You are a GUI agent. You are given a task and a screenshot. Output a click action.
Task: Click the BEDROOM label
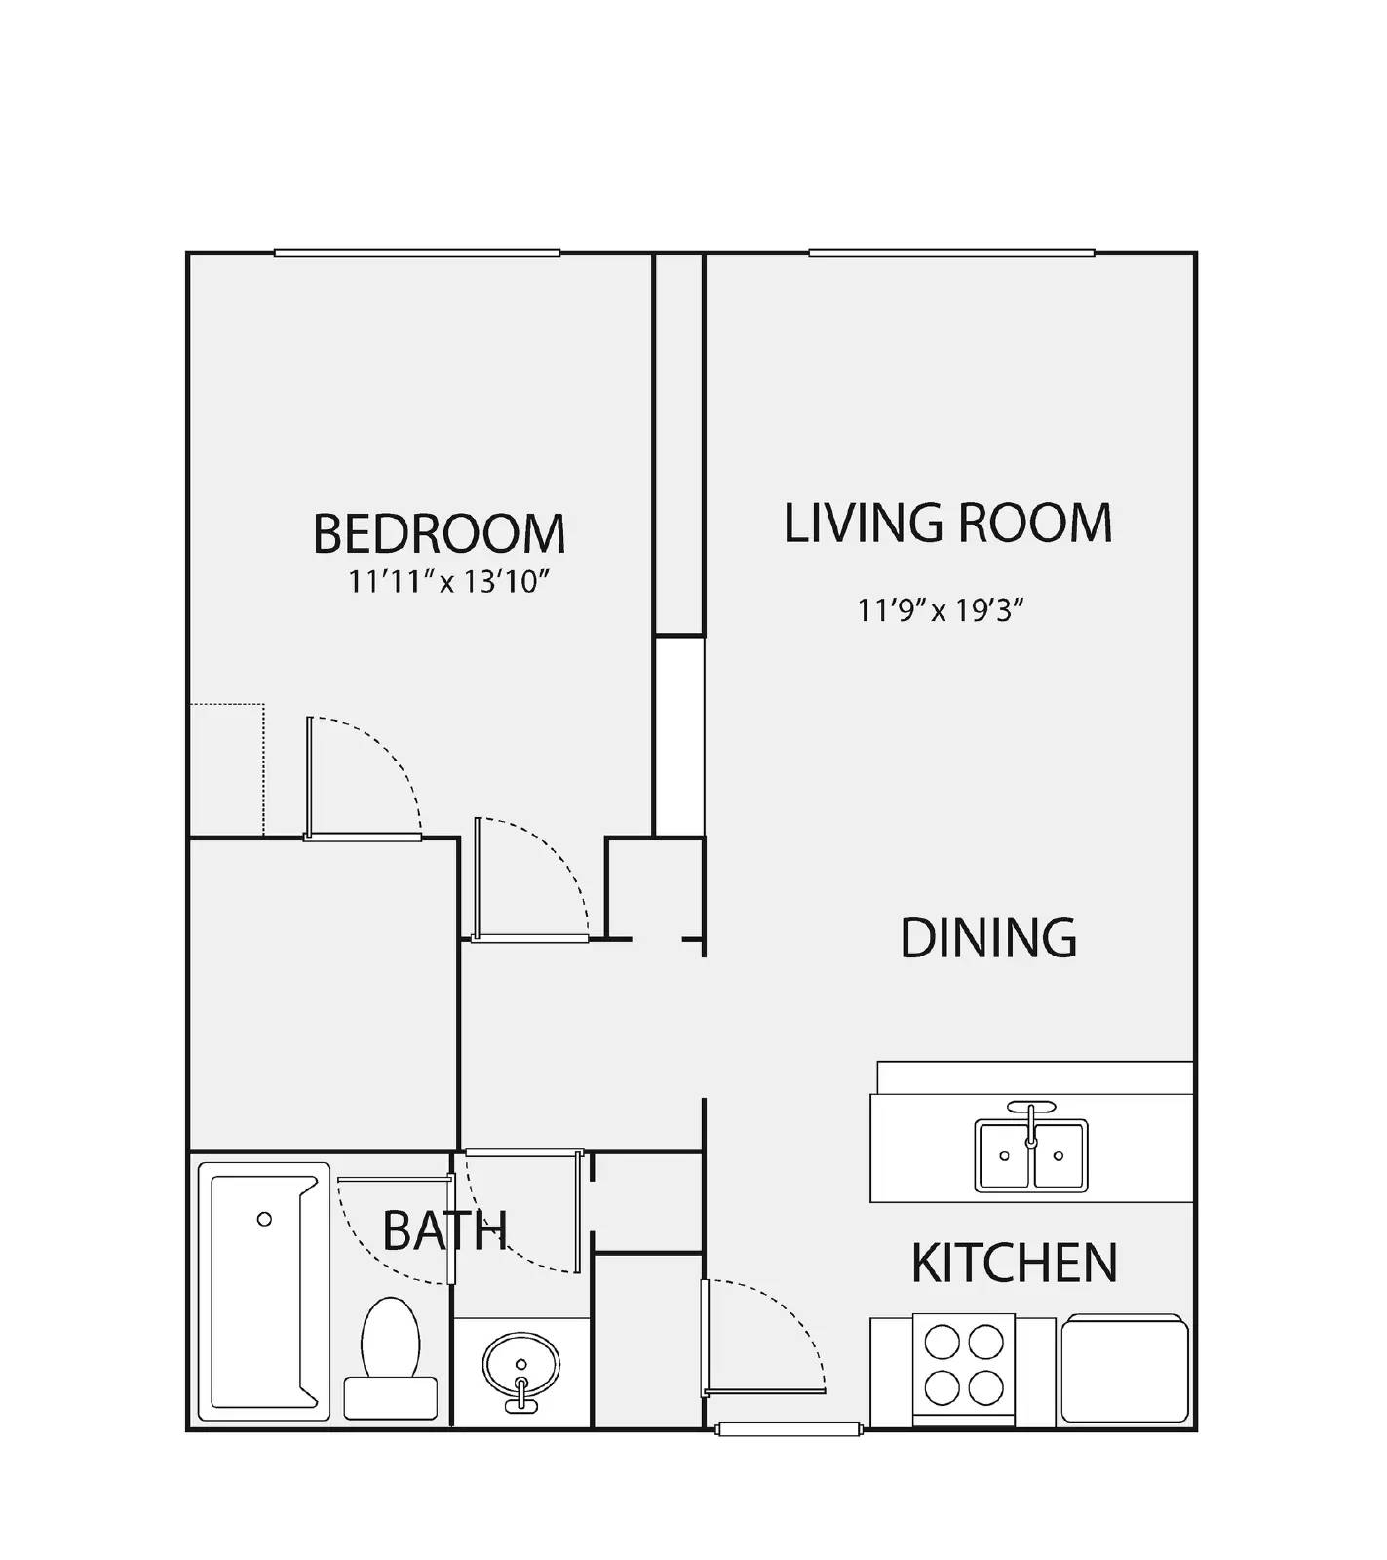pos(439,533)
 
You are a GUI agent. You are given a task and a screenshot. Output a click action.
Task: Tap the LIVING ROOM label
pos(947,523)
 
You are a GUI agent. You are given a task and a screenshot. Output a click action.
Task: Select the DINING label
pos(987,938)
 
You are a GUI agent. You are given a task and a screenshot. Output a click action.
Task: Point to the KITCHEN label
pos(1014,1263)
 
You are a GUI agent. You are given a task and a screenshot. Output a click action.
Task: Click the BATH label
pos(444,1230)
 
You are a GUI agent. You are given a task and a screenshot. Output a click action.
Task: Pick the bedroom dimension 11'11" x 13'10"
pos(450,583)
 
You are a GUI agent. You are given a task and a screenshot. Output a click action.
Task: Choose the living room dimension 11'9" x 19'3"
pos(941,611)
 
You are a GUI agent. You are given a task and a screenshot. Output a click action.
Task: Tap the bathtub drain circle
pos(264,1219)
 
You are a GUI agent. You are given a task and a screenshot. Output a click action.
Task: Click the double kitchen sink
pos(1031,1155)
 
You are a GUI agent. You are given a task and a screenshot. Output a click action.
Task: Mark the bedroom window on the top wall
pos(417,253)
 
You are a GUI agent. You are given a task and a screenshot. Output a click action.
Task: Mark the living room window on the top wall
pos(951,253)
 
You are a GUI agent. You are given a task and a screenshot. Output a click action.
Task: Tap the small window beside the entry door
pos(789,1429)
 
